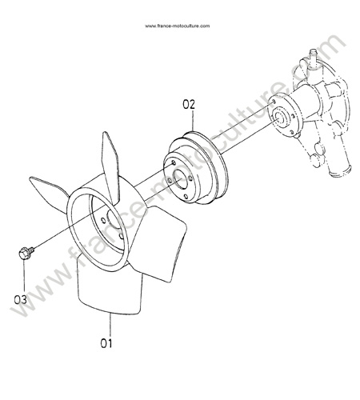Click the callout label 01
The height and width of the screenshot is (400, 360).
coord(106,343)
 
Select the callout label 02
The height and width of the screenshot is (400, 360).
coord(189,104)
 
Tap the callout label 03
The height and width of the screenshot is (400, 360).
coord(21,300)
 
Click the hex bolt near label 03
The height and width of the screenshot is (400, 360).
coord(26,252)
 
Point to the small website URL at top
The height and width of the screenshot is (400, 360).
coord(178,26)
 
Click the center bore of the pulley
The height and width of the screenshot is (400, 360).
coord(181,179)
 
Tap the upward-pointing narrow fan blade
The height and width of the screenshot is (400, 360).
coord(110,166)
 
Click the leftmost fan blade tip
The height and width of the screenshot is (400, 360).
coord(30,178)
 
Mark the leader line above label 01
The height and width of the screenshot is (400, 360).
coord(110,326)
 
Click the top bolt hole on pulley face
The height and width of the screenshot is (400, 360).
coord(174,162)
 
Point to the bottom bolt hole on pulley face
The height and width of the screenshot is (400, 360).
coord(186,197)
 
